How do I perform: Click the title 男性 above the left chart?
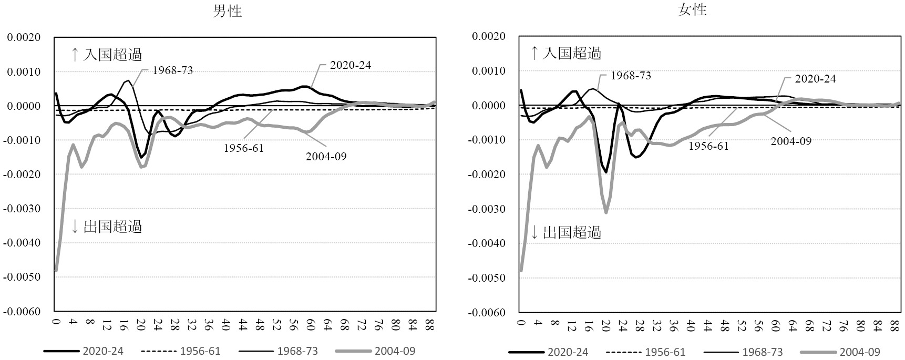coord(227,11)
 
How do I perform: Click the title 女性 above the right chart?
coord(692,10)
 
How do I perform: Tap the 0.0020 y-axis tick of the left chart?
coord(23,37)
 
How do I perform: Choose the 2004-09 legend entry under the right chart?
coord(860,352)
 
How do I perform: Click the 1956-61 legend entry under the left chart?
coord(200,351)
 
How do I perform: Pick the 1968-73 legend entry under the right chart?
coord(763,352)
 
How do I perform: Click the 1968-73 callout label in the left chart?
coord(172,70)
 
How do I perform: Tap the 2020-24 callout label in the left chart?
coord(351,65)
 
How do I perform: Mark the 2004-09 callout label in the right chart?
coord(791,141)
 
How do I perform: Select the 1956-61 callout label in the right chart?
coord(708,146)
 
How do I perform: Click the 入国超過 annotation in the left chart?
coord(112,54)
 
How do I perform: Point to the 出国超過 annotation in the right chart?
coord(571,232)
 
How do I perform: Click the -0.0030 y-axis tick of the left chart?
coord(23,209)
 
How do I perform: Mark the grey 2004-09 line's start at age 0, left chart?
coord(56,270)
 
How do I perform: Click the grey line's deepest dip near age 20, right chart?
coord(606,212)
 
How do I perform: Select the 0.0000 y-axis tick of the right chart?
coord(489,106)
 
